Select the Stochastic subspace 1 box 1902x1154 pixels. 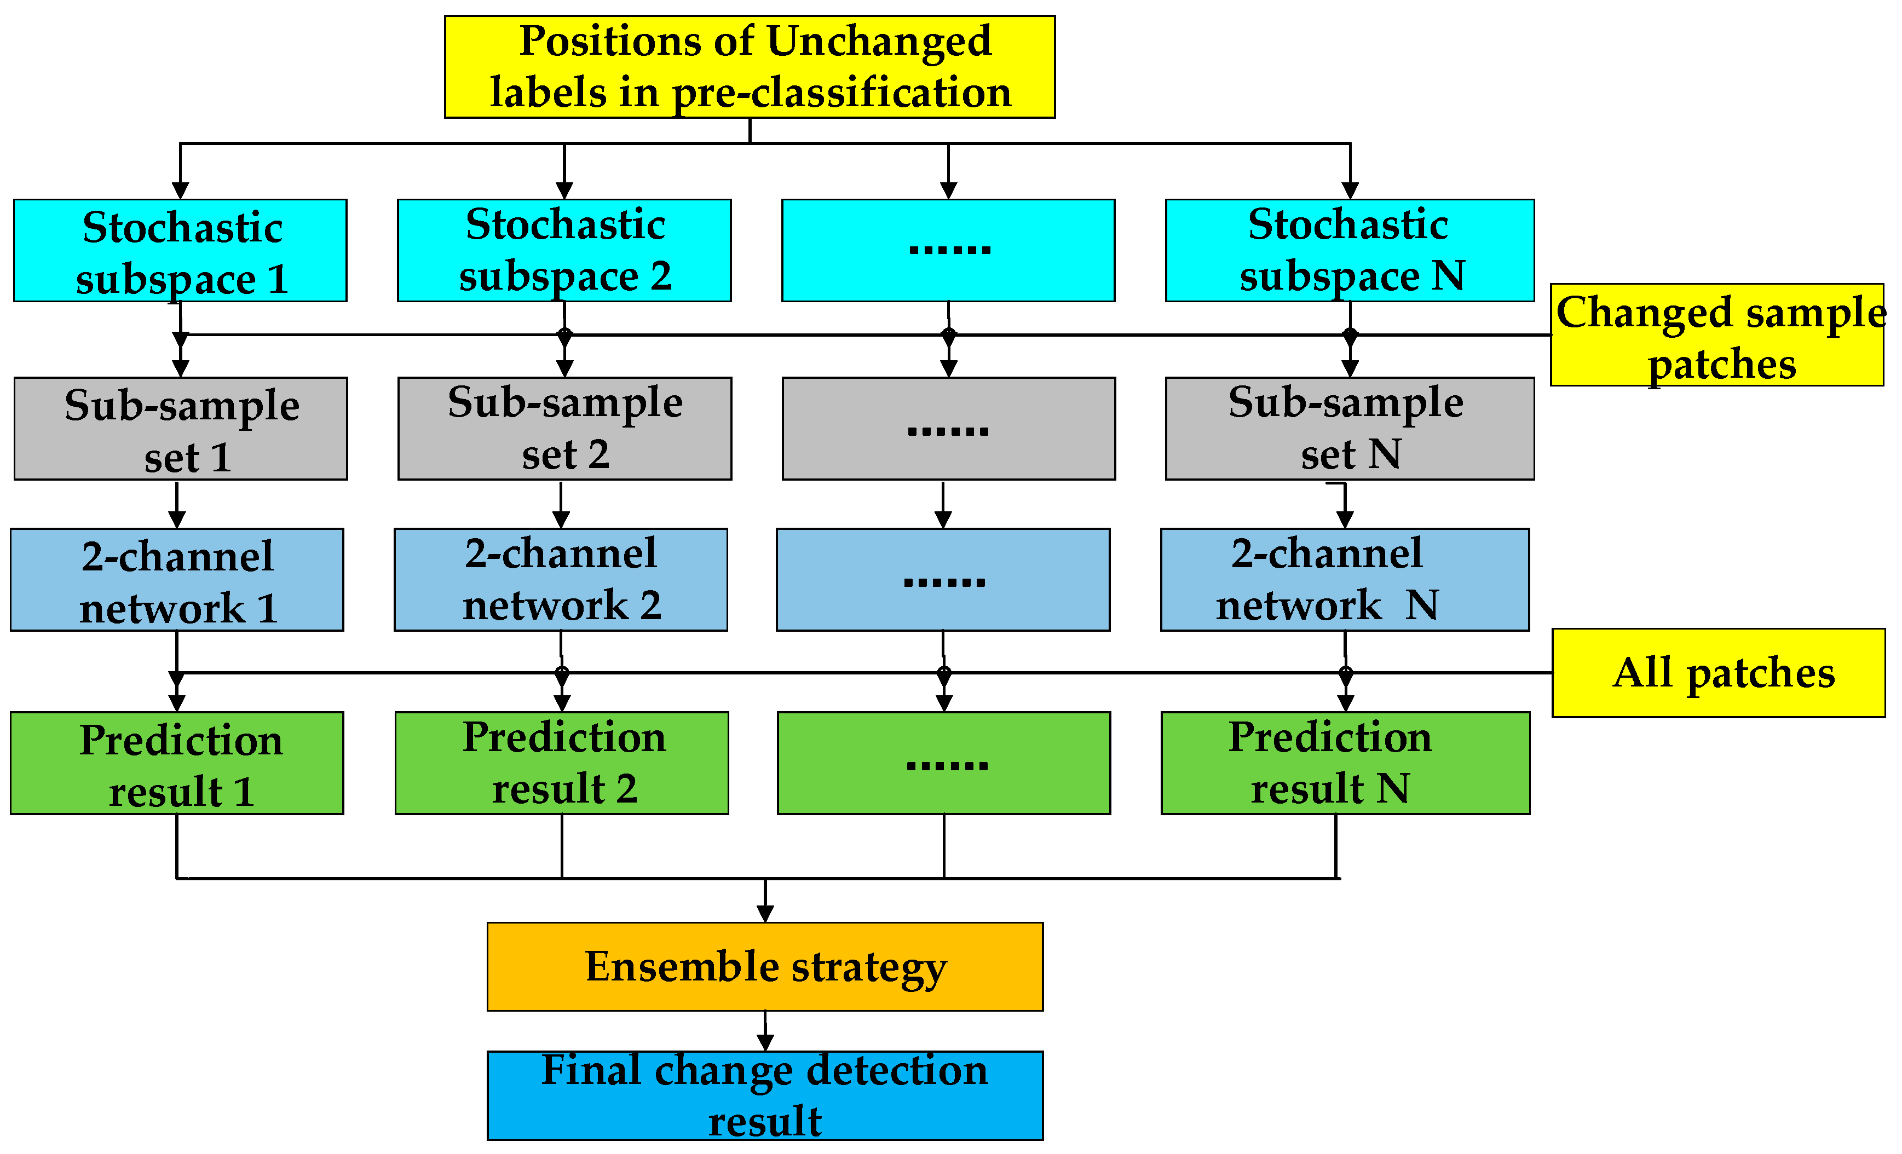180,250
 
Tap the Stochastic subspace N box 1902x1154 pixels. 1350,250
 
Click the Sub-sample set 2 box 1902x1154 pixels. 564,429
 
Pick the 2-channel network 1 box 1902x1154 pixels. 177,580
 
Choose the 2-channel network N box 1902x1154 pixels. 1345,580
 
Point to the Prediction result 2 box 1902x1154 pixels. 562,763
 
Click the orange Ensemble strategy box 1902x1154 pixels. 765,966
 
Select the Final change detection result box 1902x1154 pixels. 765,1095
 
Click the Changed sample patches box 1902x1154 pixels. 1717,335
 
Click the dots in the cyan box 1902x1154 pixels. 949,249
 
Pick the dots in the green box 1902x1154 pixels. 947,765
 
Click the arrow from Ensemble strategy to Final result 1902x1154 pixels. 765,1030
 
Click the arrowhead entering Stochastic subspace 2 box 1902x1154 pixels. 564,191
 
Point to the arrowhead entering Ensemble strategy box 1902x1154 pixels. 765,914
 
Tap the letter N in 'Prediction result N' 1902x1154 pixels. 1393,788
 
